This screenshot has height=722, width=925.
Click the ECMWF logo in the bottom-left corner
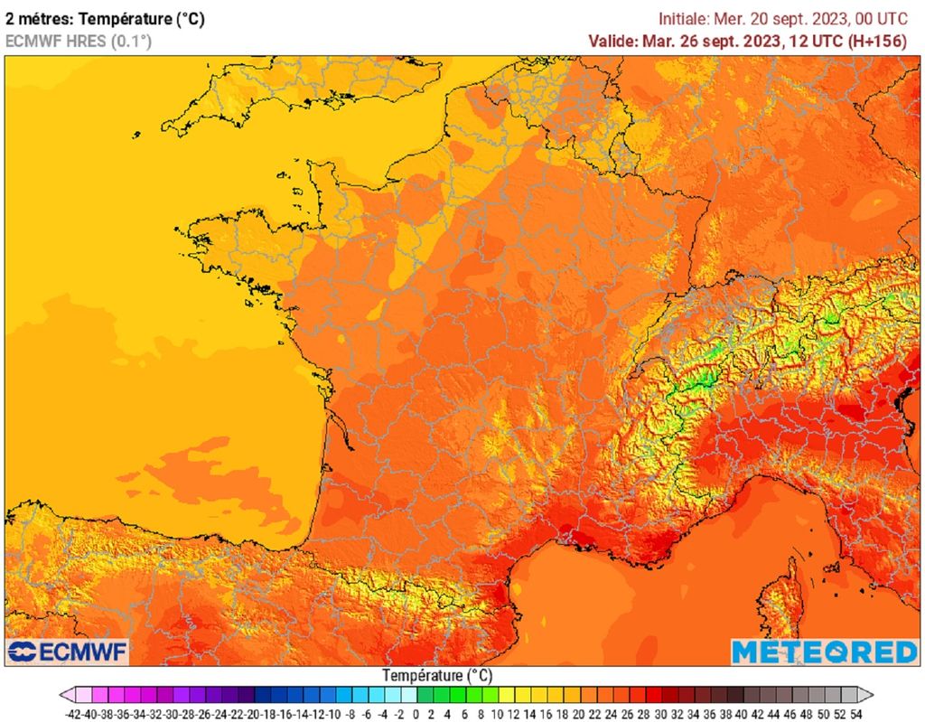(68, 652)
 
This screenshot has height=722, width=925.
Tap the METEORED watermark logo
(824, 652)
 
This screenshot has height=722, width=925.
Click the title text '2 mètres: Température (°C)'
(105, 16)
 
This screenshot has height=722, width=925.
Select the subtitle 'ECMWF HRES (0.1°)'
(79, 41)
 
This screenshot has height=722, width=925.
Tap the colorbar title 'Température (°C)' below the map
(437, 675)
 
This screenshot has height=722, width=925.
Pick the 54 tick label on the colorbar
(855, 714)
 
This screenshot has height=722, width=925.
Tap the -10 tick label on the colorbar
(335, 714)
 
